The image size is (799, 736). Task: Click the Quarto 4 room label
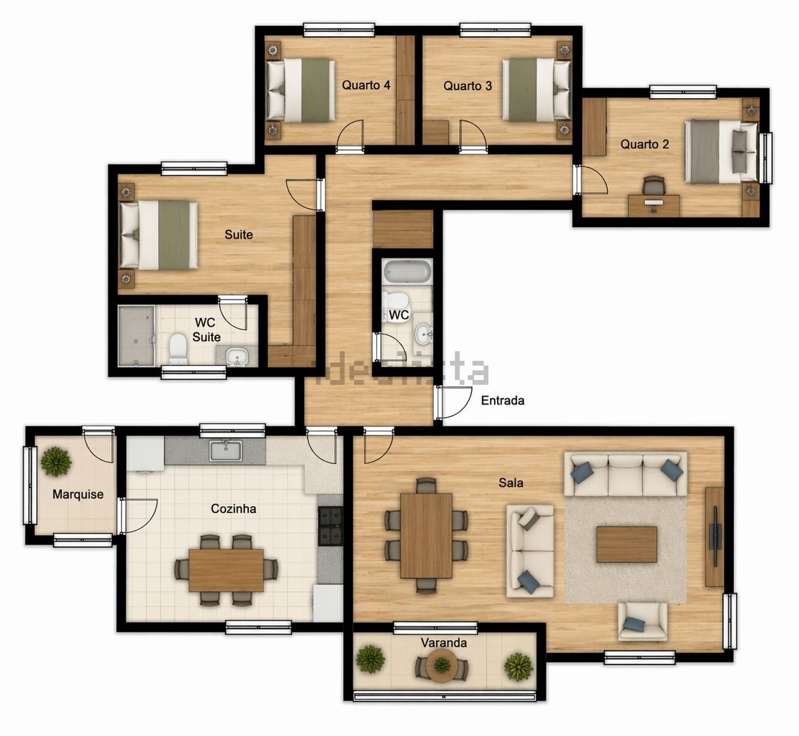(366, 85)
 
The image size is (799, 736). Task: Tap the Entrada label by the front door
(502, 400)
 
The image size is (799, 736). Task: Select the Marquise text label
(78, 495)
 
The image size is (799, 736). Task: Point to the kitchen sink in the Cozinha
(226, 450)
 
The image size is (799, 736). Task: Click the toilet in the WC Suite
(177, 349)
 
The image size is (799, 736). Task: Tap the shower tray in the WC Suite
(136, 336)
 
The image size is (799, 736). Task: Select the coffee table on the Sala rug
(626, 544)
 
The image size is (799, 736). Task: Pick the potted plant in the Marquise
(56, 462)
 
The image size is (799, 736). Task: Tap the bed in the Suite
(159, 235)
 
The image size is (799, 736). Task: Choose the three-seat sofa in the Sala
(626, 474)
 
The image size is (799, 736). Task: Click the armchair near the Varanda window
(642, 621)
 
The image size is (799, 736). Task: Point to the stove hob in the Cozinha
(330, 526)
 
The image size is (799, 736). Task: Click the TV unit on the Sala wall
(715, 537)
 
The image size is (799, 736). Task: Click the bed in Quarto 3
(536, 90)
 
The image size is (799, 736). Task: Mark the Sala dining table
(426, 536)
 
